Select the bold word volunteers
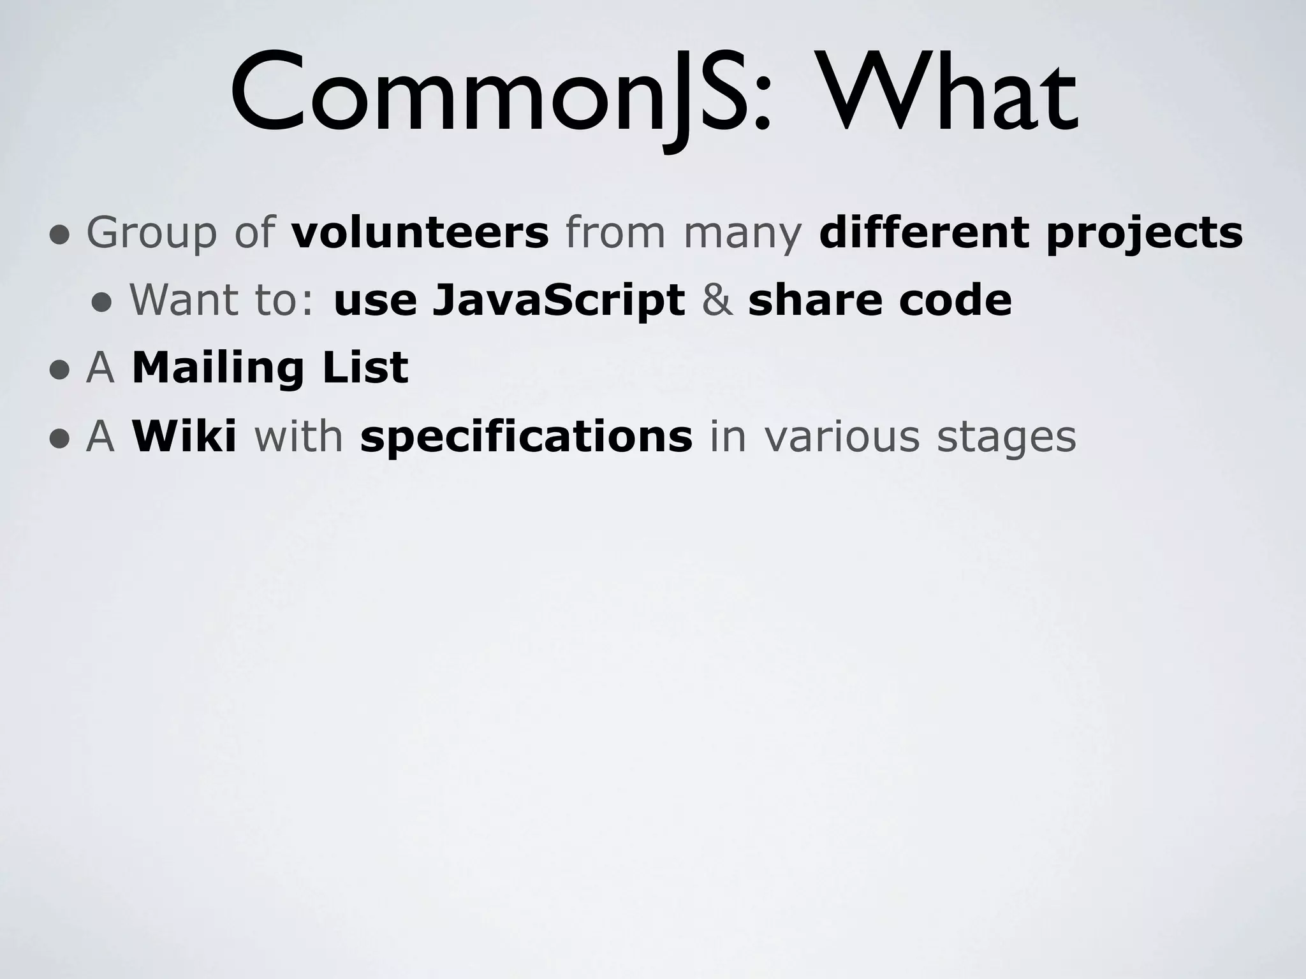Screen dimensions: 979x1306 pyautogui.click(x=420, y=232)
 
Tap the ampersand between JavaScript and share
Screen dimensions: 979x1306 pyautogui.click(x=717, y=300)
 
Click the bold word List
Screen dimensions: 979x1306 pyautogui.click(x=365, y=368)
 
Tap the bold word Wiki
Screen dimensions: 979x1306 pyautogui.click(x=184, y=437)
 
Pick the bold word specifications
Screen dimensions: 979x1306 pyautogui.click(x=526, y=438)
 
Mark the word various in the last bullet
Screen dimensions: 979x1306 pyautogui.click(x=842, y=437)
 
